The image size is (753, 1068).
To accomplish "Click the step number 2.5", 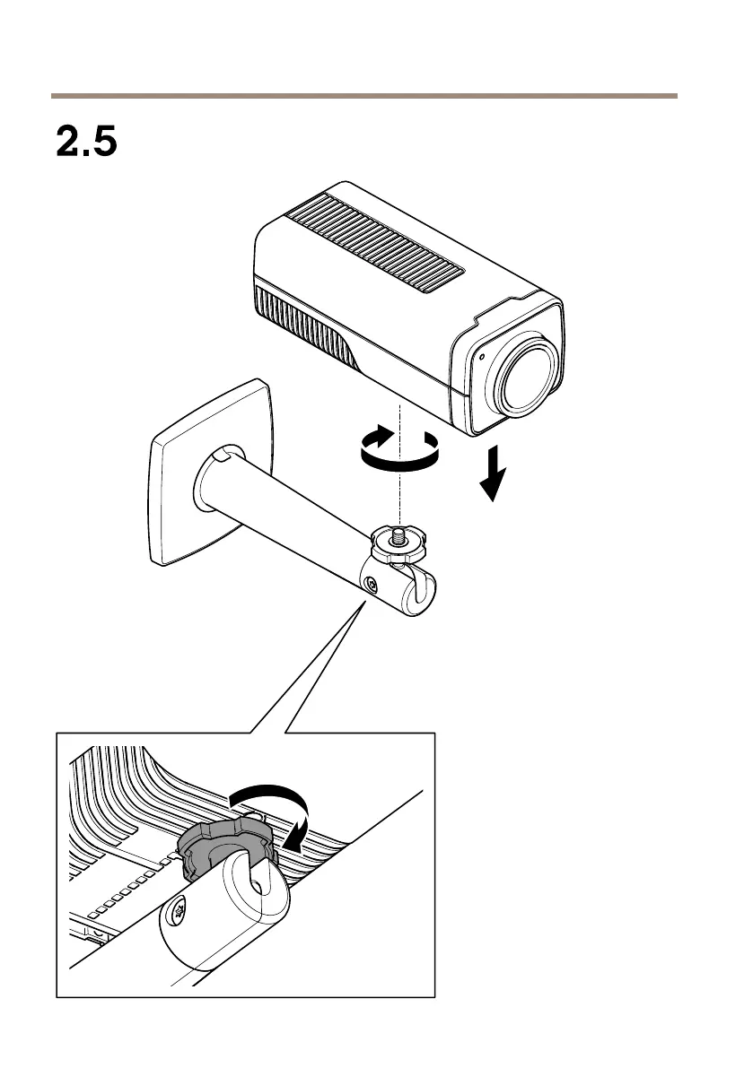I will click(x=87, y=142).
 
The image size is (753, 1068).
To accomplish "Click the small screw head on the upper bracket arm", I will click(x=370, y=584).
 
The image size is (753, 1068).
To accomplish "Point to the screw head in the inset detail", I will click(x=179, y=915).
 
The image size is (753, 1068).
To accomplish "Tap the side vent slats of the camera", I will click(x=305, y=328).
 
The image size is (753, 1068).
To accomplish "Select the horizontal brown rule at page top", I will click(x=363, y=95).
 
